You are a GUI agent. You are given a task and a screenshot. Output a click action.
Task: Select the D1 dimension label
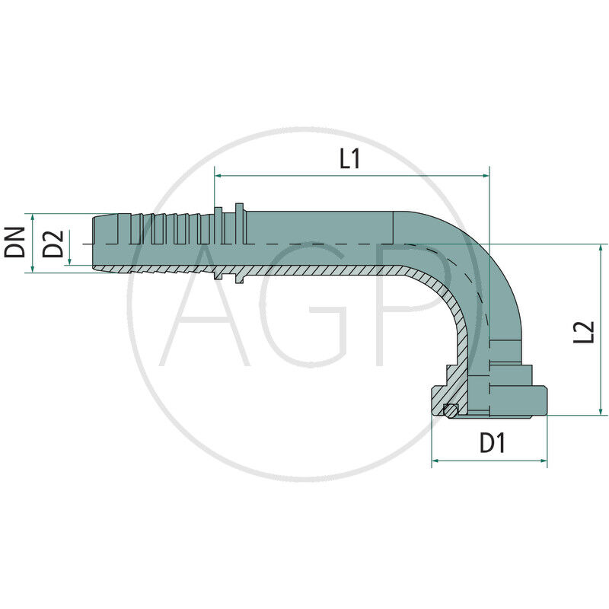(x=493, y=443)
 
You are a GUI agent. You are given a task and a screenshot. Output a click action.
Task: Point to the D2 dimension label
(x=53, y=242)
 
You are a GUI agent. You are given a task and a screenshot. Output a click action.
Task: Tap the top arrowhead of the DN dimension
(x=34, y=218)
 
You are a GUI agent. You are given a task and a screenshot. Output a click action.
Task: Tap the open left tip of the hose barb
(x=94, y=242)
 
